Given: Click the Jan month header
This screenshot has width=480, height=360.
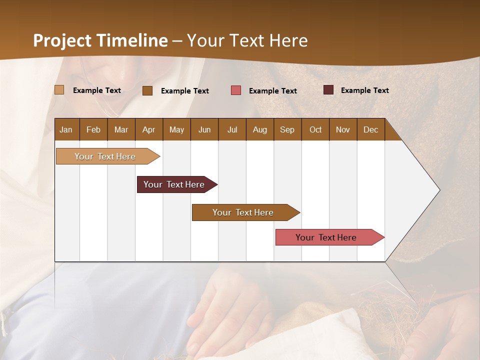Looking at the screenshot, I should (66, 129).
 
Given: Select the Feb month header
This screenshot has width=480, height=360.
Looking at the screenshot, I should (93, 129).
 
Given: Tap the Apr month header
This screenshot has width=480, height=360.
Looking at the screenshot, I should (148, 129).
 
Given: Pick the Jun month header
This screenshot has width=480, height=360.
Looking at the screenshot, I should (204, 129).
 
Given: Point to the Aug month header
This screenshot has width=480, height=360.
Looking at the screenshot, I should (259, 129).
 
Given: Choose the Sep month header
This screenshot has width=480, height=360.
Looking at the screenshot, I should (287, 129).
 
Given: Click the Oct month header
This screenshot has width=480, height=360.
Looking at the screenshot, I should (315, 129).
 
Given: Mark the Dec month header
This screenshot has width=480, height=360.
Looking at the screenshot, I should (370, 129).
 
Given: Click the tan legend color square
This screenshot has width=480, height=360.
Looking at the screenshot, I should (59, 90).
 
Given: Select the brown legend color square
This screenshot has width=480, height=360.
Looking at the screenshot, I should (147, 90).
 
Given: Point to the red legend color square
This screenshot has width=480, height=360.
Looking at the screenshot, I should (236, 90).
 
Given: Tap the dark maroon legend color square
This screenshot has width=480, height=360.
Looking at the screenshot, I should (328, 90).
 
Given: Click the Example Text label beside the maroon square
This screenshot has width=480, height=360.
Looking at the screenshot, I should (364, 90).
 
